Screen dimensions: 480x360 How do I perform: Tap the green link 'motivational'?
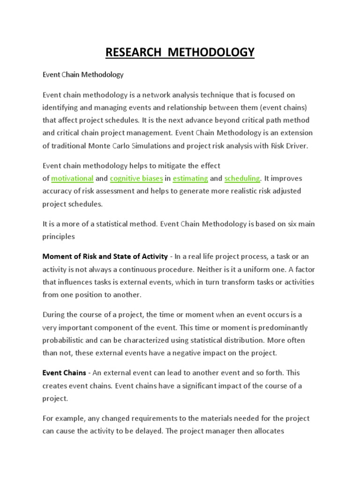[x=73, y=178]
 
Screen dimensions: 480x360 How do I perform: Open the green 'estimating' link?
[x=190, y=178]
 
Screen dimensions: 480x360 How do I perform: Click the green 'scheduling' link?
[x=242, y=178]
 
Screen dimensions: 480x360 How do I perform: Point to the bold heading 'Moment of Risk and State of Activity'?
[x=105, y=256]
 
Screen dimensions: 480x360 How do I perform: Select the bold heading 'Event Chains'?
[x=64, y=373]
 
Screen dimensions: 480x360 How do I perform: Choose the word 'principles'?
[x=59, y=237]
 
